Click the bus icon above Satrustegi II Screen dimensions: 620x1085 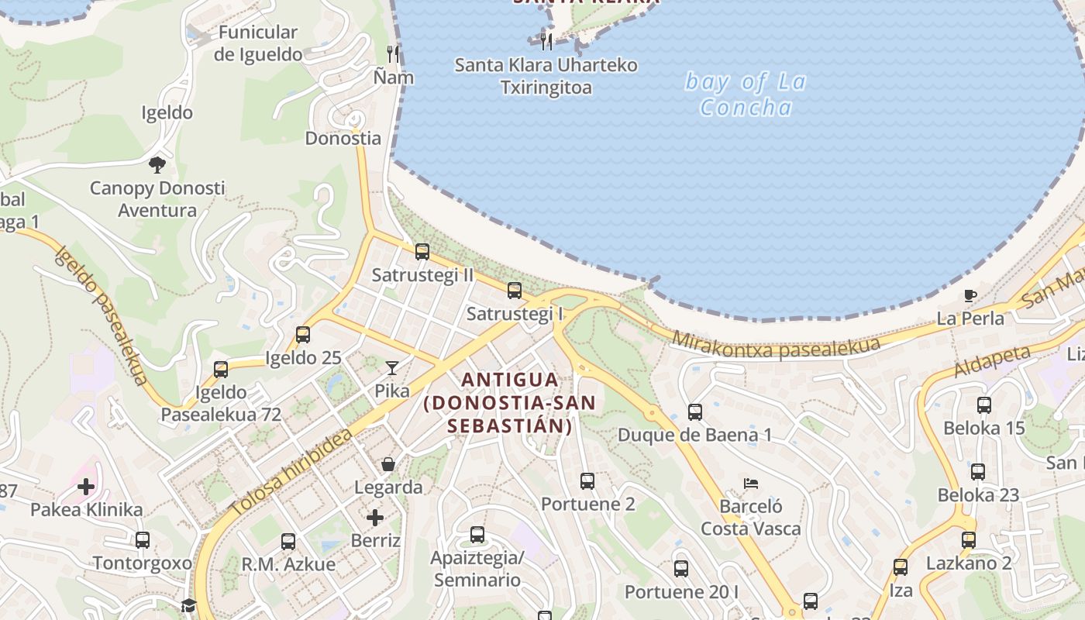(x=422, y=252)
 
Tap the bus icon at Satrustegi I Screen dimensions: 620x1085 (x=515, y=291)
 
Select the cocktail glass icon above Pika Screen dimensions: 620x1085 (x=392, y=368)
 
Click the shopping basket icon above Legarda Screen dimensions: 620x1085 (x=388, y=464)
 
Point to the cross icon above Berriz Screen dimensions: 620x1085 (x=375, y=517)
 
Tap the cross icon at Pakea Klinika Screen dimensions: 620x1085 (x=86, y=487)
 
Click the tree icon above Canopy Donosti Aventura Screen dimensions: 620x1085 (x=157, y=164)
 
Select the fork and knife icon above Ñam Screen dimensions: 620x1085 (x=394, y=53)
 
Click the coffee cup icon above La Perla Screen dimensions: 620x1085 (x=970, y=295)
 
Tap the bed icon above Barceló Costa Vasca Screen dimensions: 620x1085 (x=750, y=484)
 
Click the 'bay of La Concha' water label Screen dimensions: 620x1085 (x=746, y=94)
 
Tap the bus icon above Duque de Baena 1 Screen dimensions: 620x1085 (x=695, y=412)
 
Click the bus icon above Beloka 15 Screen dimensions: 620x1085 (x=984, y=405)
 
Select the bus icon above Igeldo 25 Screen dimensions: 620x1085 (x=303, y=335)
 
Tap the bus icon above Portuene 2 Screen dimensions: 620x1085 (x=587, y=481)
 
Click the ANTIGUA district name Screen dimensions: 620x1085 (x=509, y=380)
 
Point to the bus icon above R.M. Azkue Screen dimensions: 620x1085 (x=288, y=541)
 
